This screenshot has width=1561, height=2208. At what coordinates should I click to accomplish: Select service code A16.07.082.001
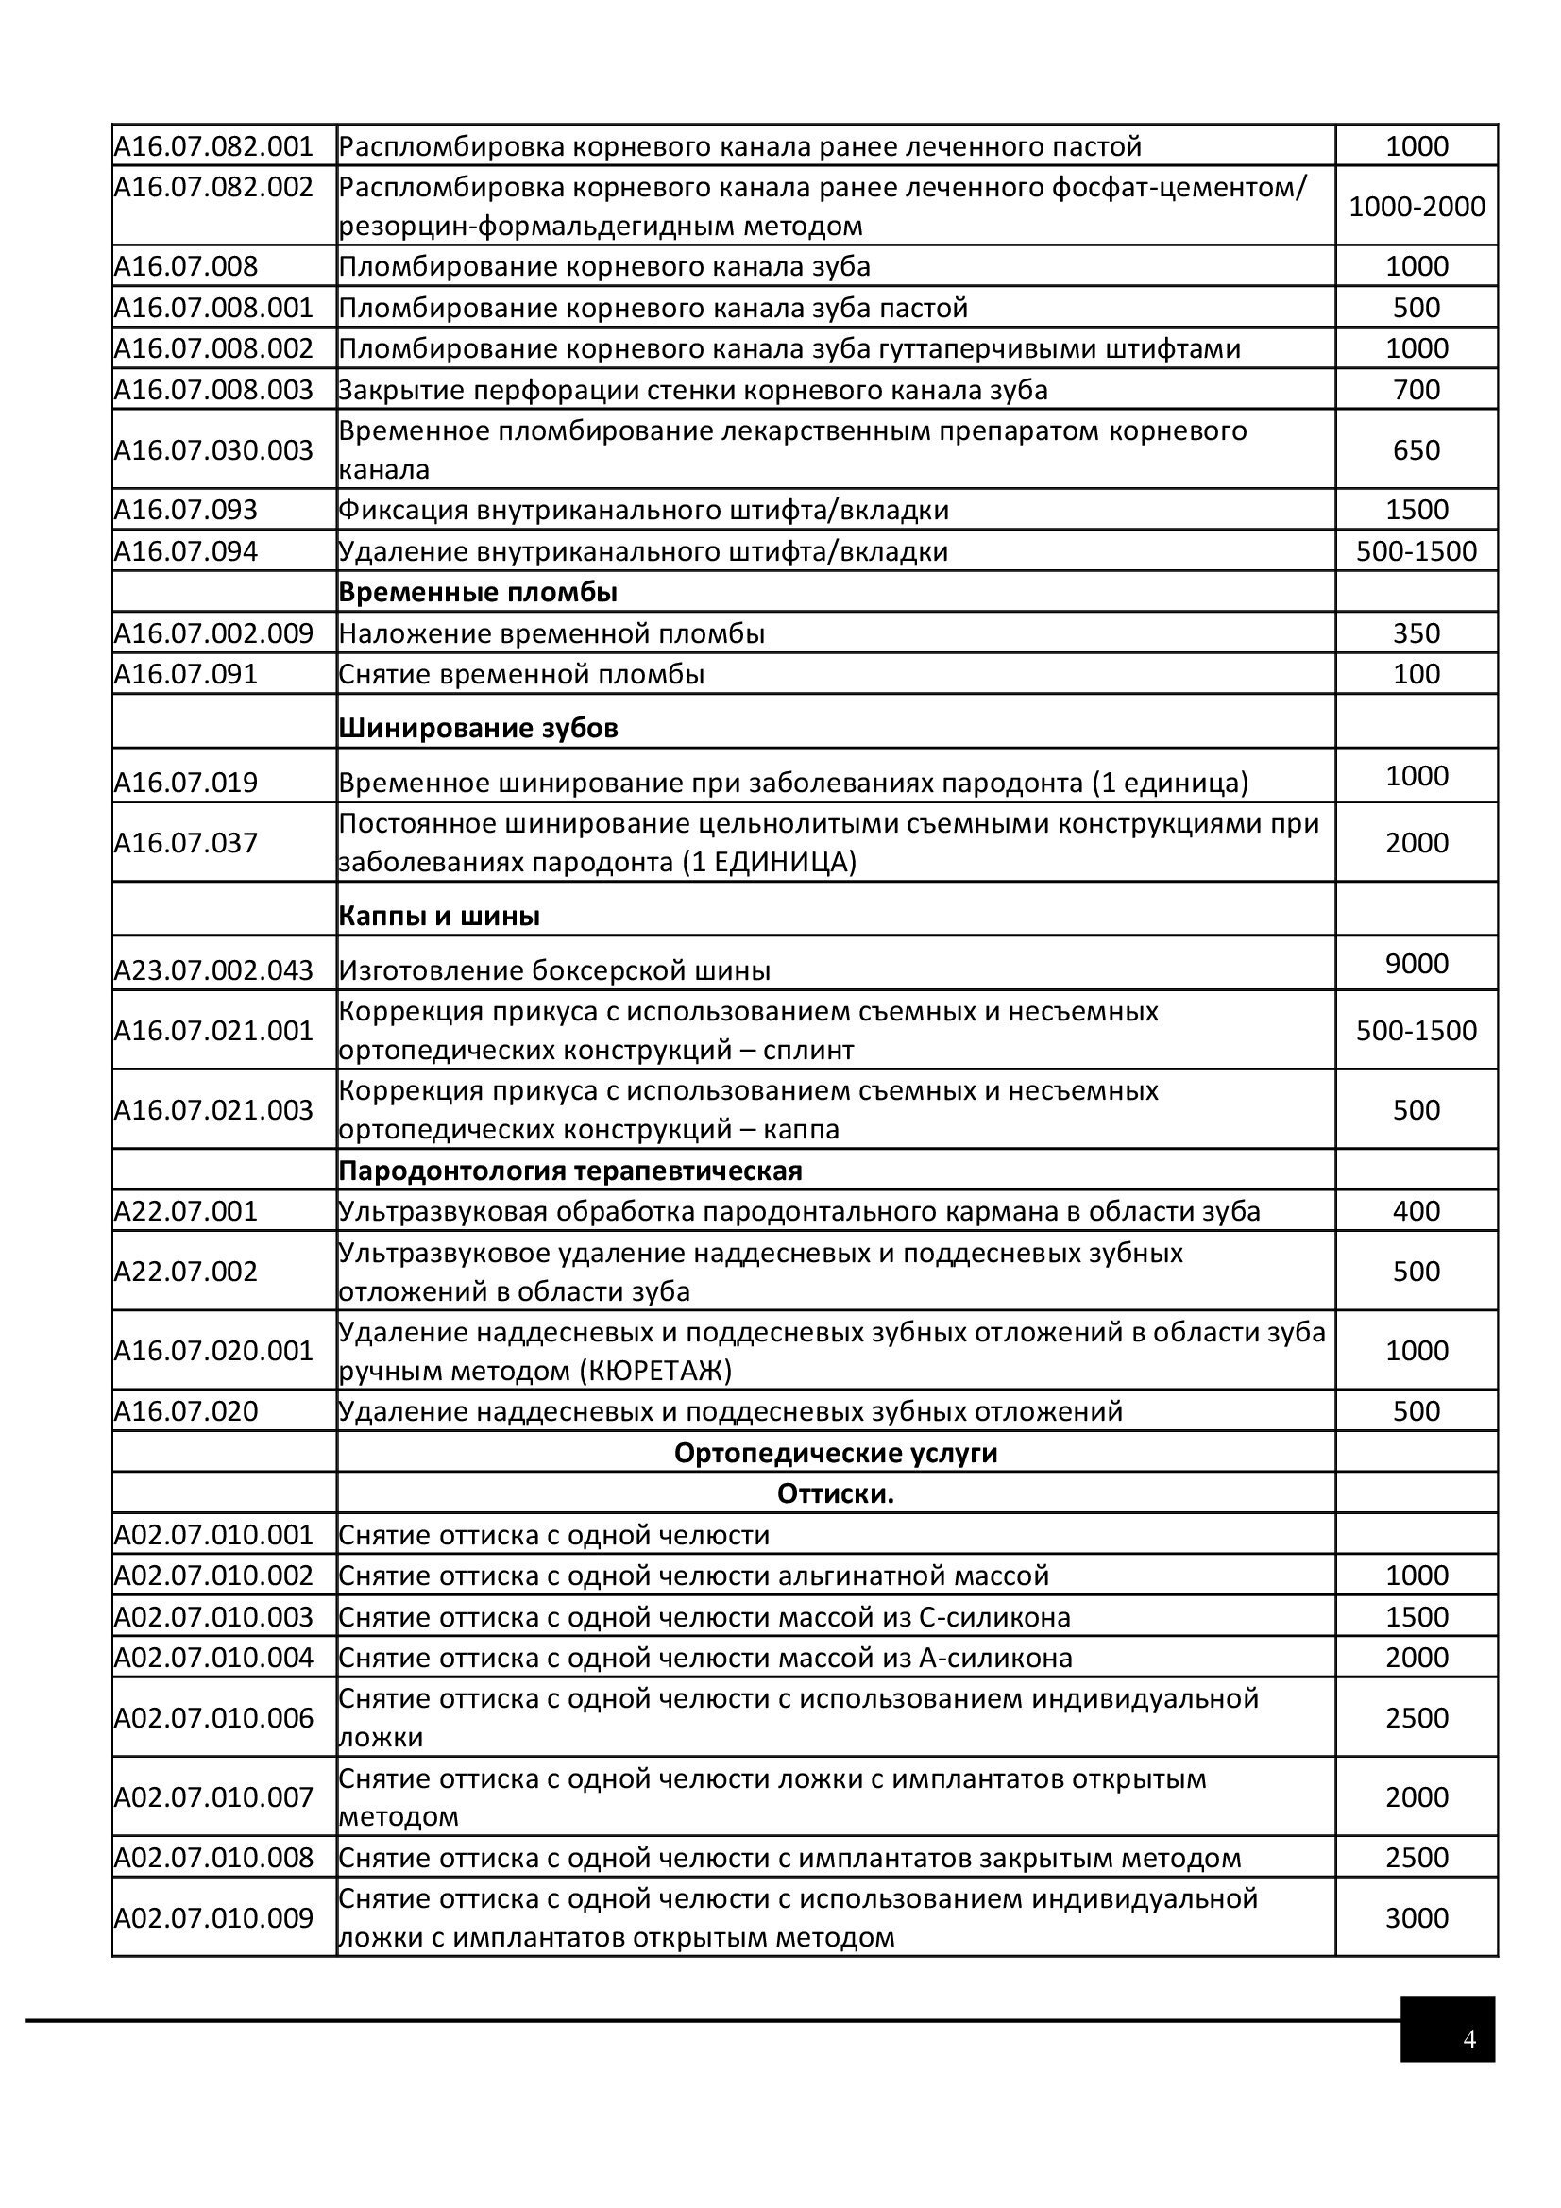click(x=213, y=146)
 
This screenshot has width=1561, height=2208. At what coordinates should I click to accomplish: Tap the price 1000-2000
click(x=1416, y=206)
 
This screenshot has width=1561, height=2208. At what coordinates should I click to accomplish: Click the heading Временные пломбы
click(x=477, y=593)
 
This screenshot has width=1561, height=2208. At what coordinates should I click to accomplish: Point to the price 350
click(x=1416, y=632)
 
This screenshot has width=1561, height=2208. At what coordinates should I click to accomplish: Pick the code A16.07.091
click(x=186, y=674)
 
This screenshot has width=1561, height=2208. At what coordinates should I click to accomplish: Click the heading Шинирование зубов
click(x=477, y=728)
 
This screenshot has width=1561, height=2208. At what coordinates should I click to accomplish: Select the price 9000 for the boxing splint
click(x=1416, y=964)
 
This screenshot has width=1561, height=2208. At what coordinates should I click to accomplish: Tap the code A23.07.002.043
click(x=213, y=970)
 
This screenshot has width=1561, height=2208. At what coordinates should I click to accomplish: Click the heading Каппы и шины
click(x=438, y=916)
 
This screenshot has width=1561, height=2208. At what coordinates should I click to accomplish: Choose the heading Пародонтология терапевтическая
click(x=569, y=1171)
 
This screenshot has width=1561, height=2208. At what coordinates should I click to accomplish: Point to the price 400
click(x=1416, y=1211)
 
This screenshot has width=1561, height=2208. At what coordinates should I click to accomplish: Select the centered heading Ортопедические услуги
click(x=835, y=1452)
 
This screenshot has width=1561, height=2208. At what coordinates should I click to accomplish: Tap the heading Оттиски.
click(x=835, y=1493)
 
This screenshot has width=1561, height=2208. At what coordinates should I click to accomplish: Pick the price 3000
click(x=1416, y=1917)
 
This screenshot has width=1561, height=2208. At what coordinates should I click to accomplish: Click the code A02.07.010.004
click(x=213, y=1657)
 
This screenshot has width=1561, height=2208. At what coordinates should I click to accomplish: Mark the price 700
click(x=1416, y=390)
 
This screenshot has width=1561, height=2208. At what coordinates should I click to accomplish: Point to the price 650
click(x=1416, y=450)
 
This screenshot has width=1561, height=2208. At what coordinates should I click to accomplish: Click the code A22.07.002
click(x=186, y=1272)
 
